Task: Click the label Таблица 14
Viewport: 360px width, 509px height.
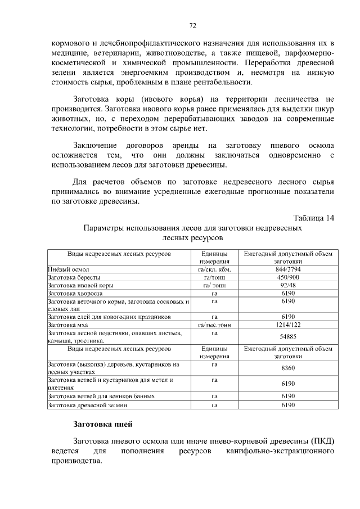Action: coord(314,218)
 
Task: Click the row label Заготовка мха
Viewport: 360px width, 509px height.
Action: coord(68,325)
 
